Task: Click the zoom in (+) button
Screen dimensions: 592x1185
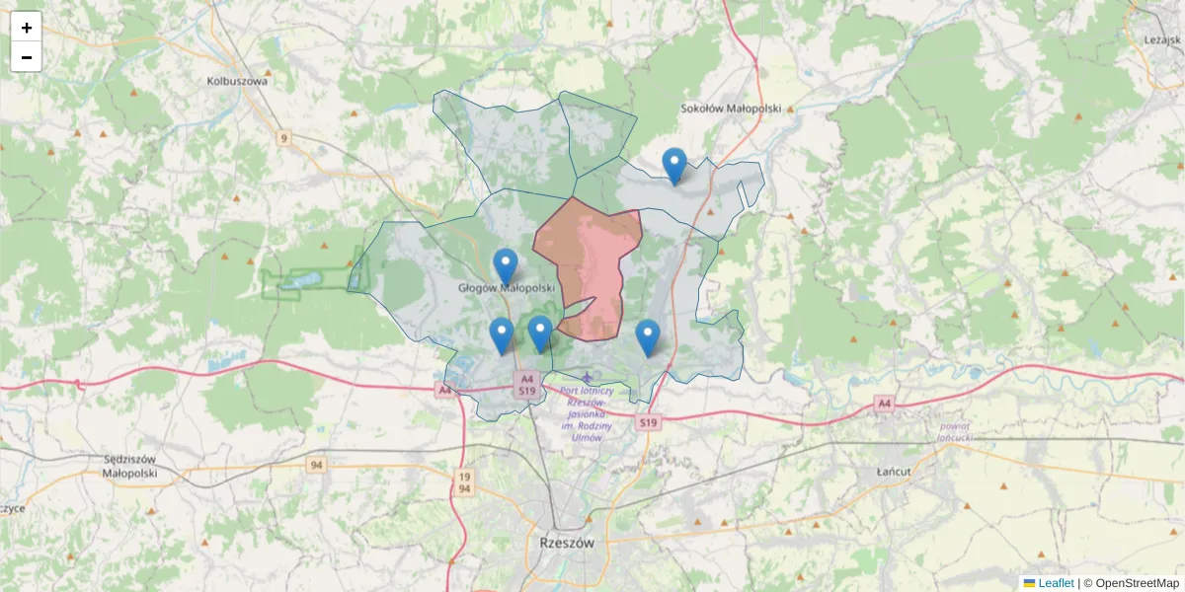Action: click(x=27, y=28)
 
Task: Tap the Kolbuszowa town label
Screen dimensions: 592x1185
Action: click(x=238, y=82)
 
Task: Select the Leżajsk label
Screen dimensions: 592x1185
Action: click(x=1162, y=39)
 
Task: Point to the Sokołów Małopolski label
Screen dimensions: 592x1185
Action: click(x=732, y=109)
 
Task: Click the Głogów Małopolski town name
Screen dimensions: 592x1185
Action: click(x=507, y=288)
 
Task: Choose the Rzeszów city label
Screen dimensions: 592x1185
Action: click(x=568, y=543)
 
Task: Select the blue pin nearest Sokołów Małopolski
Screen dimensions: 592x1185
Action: click(x=674, y=165)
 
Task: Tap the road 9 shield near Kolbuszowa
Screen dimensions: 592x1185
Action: click(x=284, y=137)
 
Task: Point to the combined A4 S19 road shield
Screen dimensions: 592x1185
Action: click(x=527, y=385)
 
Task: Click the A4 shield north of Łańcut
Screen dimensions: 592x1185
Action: click(x=884, y=404)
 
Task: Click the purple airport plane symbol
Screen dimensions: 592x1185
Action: click(x=589, y=376)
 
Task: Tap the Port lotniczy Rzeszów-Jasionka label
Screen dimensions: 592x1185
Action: click(x=587, y=413)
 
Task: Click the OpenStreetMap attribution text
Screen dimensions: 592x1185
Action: click(x=1138, y=583)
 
